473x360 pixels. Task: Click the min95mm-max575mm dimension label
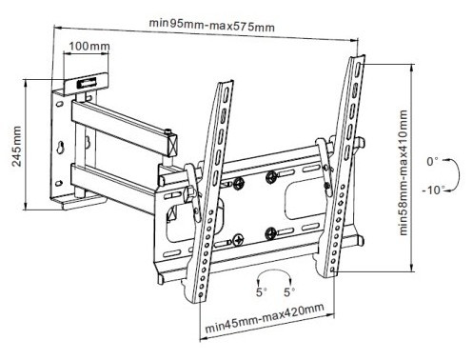coord(211,25)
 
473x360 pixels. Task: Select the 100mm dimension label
coord(89,47)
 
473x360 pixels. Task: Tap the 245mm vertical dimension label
coord(16,147)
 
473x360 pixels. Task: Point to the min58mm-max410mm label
coord(403,172)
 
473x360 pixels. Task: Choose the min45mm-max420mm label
coord(265,317)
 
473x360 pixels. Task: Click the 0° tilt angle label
coord(432,162)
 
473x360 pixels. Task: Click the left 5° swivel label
coord(262,292)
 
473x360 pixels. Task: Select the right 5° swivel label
coord(289,292)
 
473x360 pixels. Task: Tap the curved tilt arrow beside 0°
coord(459,175)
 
